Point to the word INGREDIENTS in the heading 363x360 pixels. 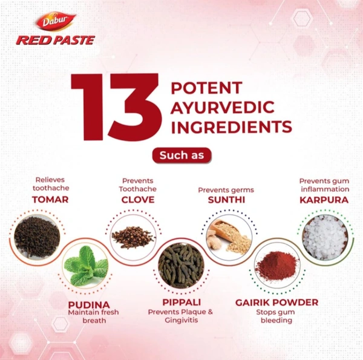(232, 127)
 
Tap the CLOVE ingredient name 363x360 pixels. (138, 200)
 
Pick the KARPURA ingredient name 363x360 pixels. (324, 199)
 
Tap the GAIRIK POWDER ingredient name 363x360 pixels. (276, 302)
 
